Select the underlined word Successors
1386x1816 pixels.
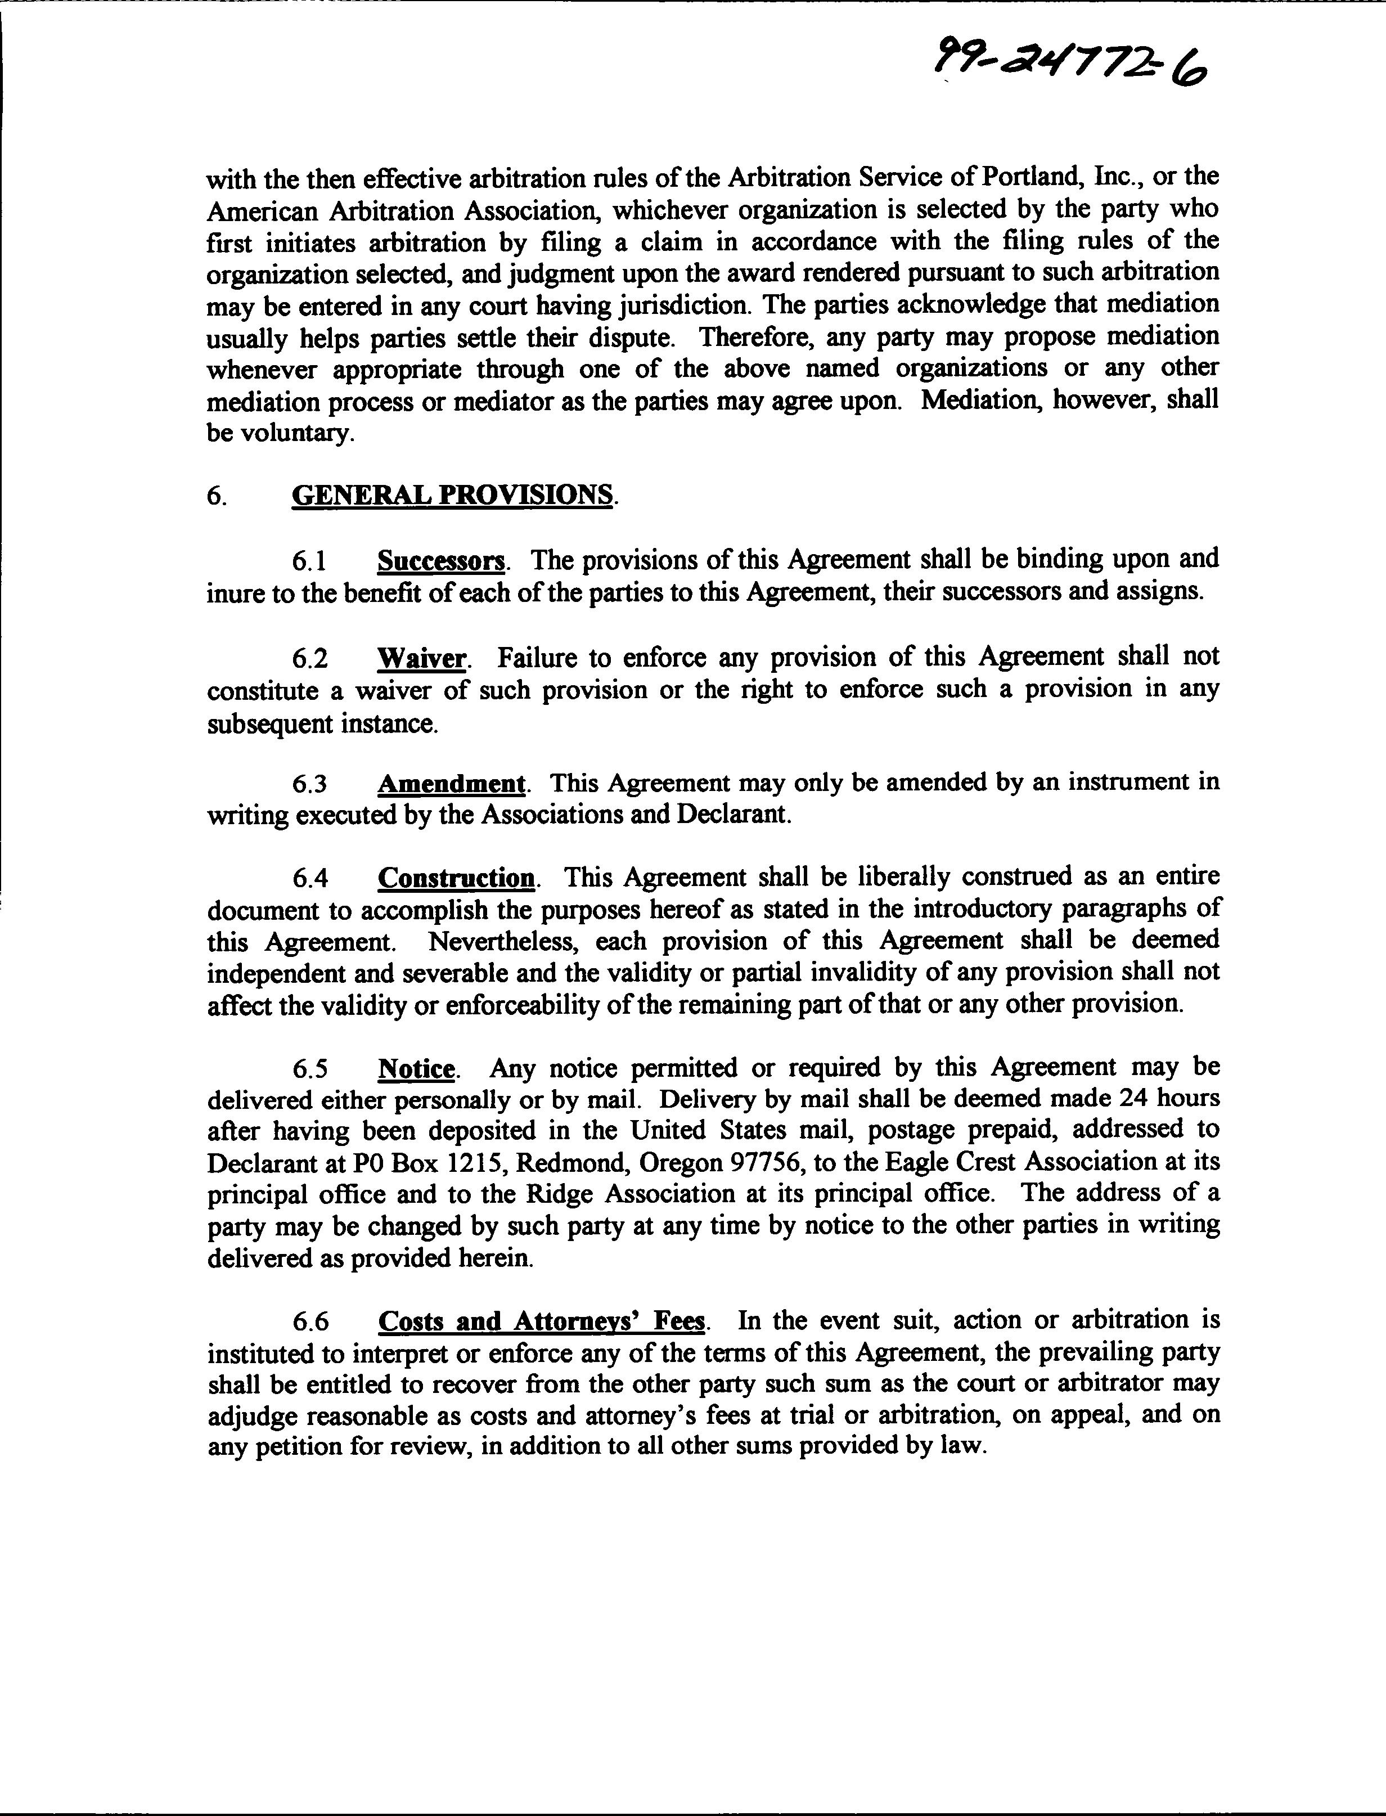coord(440,561)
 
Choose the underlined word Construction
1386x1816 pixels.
coord(456,877)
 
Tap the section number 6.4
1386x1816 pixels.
coord(310,878)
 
